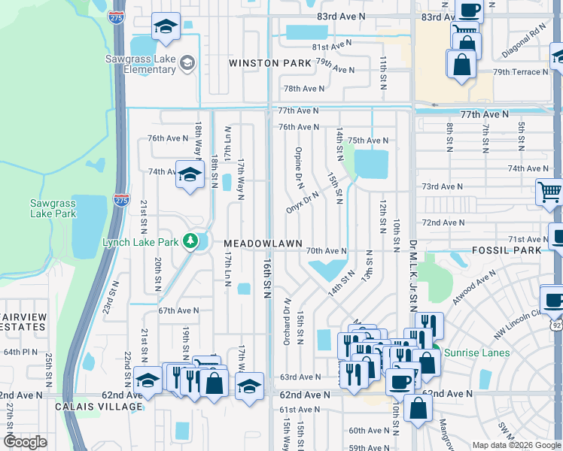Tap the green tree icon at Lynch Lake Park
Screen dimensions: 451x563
192,241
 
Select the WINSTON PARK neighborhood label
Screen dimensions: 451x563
270,64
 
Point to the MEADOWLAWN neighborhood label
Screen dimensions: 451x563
263,244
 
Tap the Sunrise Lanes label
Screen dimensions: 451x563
477,353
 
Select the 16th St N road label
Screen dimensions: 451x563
267,279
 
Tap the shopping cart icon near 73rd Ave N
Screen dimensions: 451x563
549,192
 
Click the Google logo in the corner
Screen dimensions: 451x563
24,442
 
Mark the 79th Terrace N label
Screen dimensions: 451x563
521,72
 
